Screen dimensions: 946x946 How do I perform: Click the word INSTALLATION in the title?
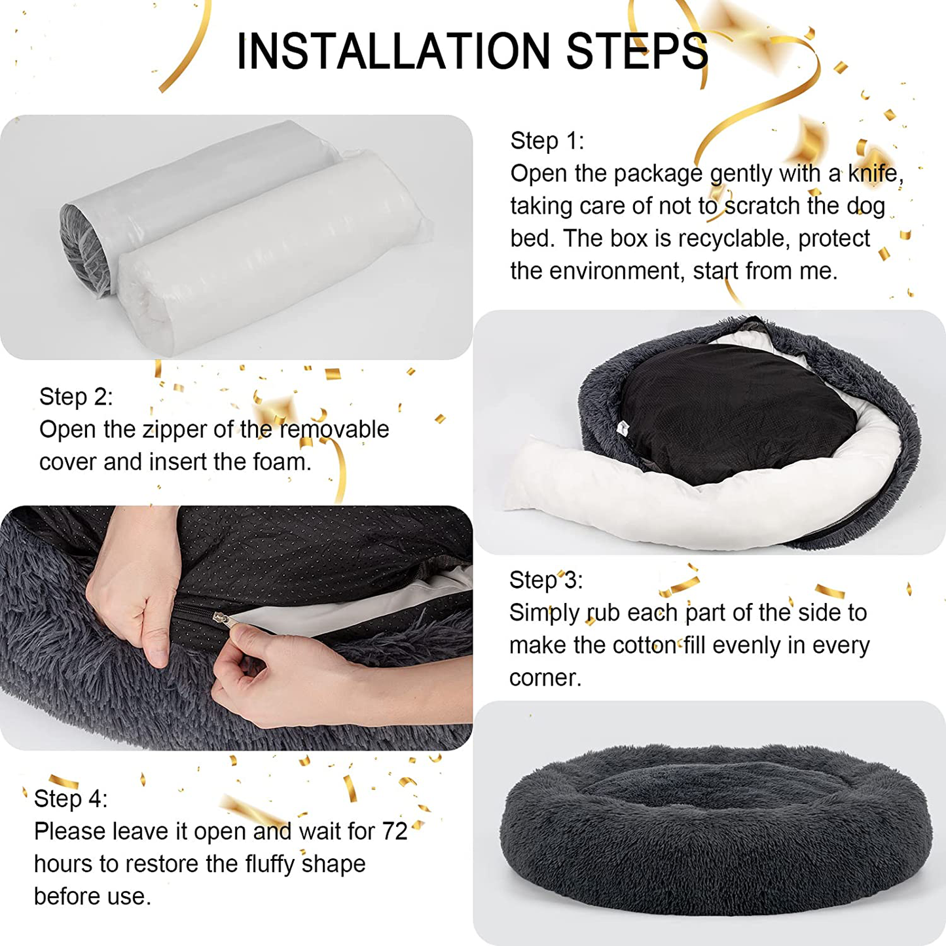tap(393, 52)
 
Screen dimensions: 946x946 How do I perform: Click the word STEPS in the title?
tap(637, 52)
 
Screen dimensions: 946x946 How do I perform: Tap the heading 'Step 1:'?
tap(547, 141)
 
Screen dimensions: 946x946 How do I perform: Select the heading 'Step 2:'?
tap(76, 397)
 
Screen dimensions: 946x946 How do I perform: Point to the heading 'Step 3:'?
tap(546, 580)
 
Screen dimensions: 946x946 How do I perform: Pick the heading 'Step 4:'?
tap(71, 799)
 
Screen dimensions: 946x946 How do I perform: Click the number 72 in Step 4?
tap(395, 831)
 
